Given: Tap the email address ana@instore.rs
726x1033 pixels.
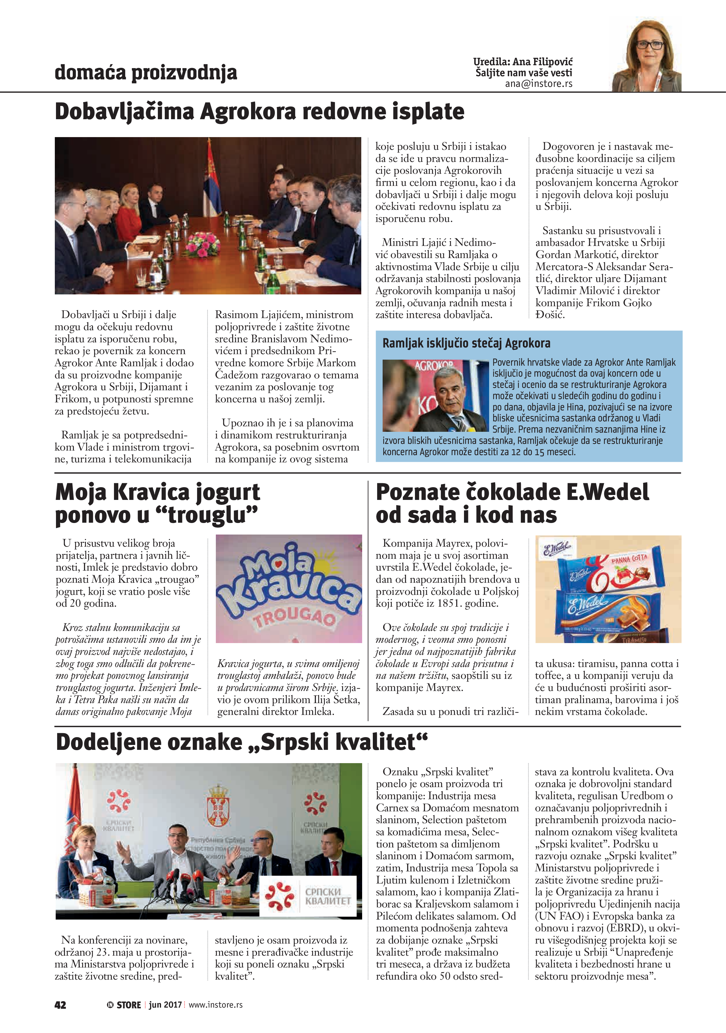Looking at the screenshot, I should pos(538,84).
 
